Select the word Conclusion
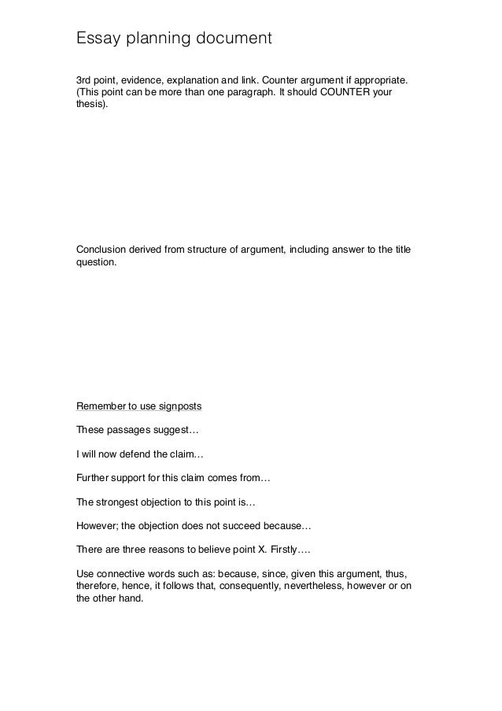(102, 251)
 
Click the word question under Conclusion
(95, 264)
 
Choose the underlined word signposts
(180, 407)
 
